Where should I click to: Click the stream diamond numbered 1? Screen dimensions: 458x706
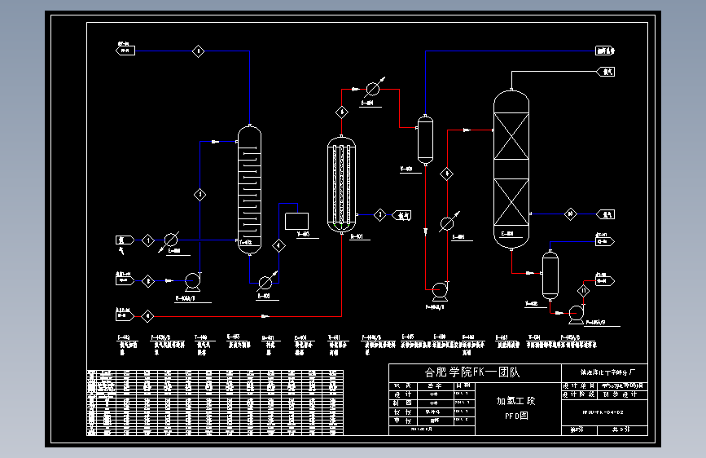point(147,240)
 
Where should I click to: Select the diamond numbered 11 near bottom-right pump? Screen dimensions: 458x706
point(583,290)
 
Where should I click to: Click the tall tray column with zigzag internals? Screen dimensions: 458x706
point(249,189)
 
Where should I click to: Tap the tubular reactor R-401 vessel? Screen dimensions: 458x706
point(343,184)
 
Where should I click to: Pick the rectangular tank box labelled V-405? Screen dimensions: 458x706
point(296,220)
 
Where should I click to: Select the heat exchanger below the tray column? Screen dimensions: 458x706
point(265,282)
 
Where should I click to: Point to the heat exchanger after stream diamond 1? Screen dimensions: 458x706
point(171,240)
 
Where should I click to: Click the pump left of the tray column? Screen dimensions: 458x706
point(193,281)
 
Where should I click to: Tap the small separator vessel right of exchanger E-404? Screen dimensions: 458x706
point(424,140)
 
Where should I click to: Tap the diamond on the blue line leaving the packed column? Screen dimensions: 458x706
point(571,214)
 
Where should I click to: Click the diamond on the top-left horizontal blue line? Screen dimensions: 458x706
point(198,51)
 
